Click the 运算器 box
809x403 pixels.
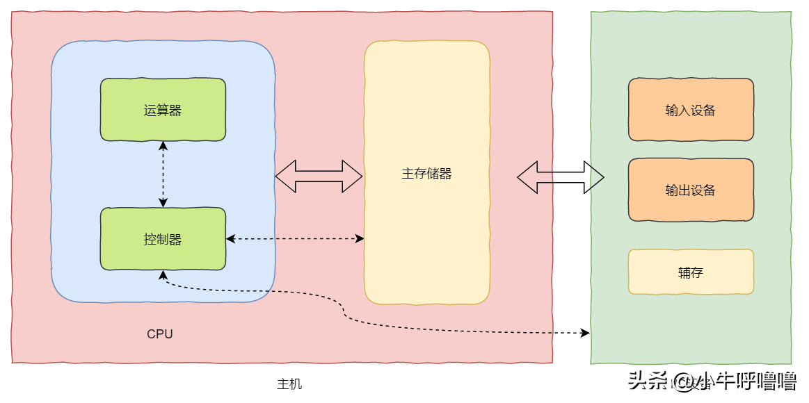[163, 110]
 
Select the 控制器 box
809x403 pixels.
[163, 239]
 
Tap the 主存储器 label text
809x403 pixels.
[426, 174]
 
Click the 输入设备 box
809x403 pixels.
[691, 110]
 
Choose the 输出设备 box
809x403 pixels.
[691, 190]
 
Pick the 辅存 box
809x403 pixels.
[691, 272]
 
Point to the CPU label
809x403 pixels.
[160, 334]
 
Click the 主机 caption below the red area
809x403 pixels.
[289, 384]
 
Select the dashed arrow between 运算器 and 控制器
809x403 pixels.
[163, 174]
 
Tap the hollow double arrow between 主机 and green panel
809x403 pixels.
[560, 177]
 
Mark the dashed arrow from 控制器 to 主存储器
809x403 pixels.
[295, 239]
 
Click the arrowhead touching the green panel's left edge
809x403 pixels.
[585, 334]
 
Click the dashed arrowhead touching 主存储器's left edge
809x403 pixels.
[360, 239]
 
